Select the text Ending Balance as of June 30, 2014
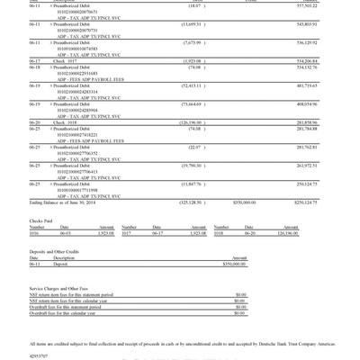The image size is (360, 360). pos(62,202)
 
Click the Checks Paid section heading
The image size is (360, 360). pos(41,220)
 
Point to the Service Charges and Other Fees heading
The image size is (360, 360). pos(62,288)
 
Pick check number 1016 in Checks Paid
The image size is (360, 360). pos(37,233)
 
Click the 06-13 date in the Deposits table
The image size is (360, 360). pos(35,265)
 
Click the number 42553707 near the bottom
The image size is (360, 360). pos(40,355)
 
